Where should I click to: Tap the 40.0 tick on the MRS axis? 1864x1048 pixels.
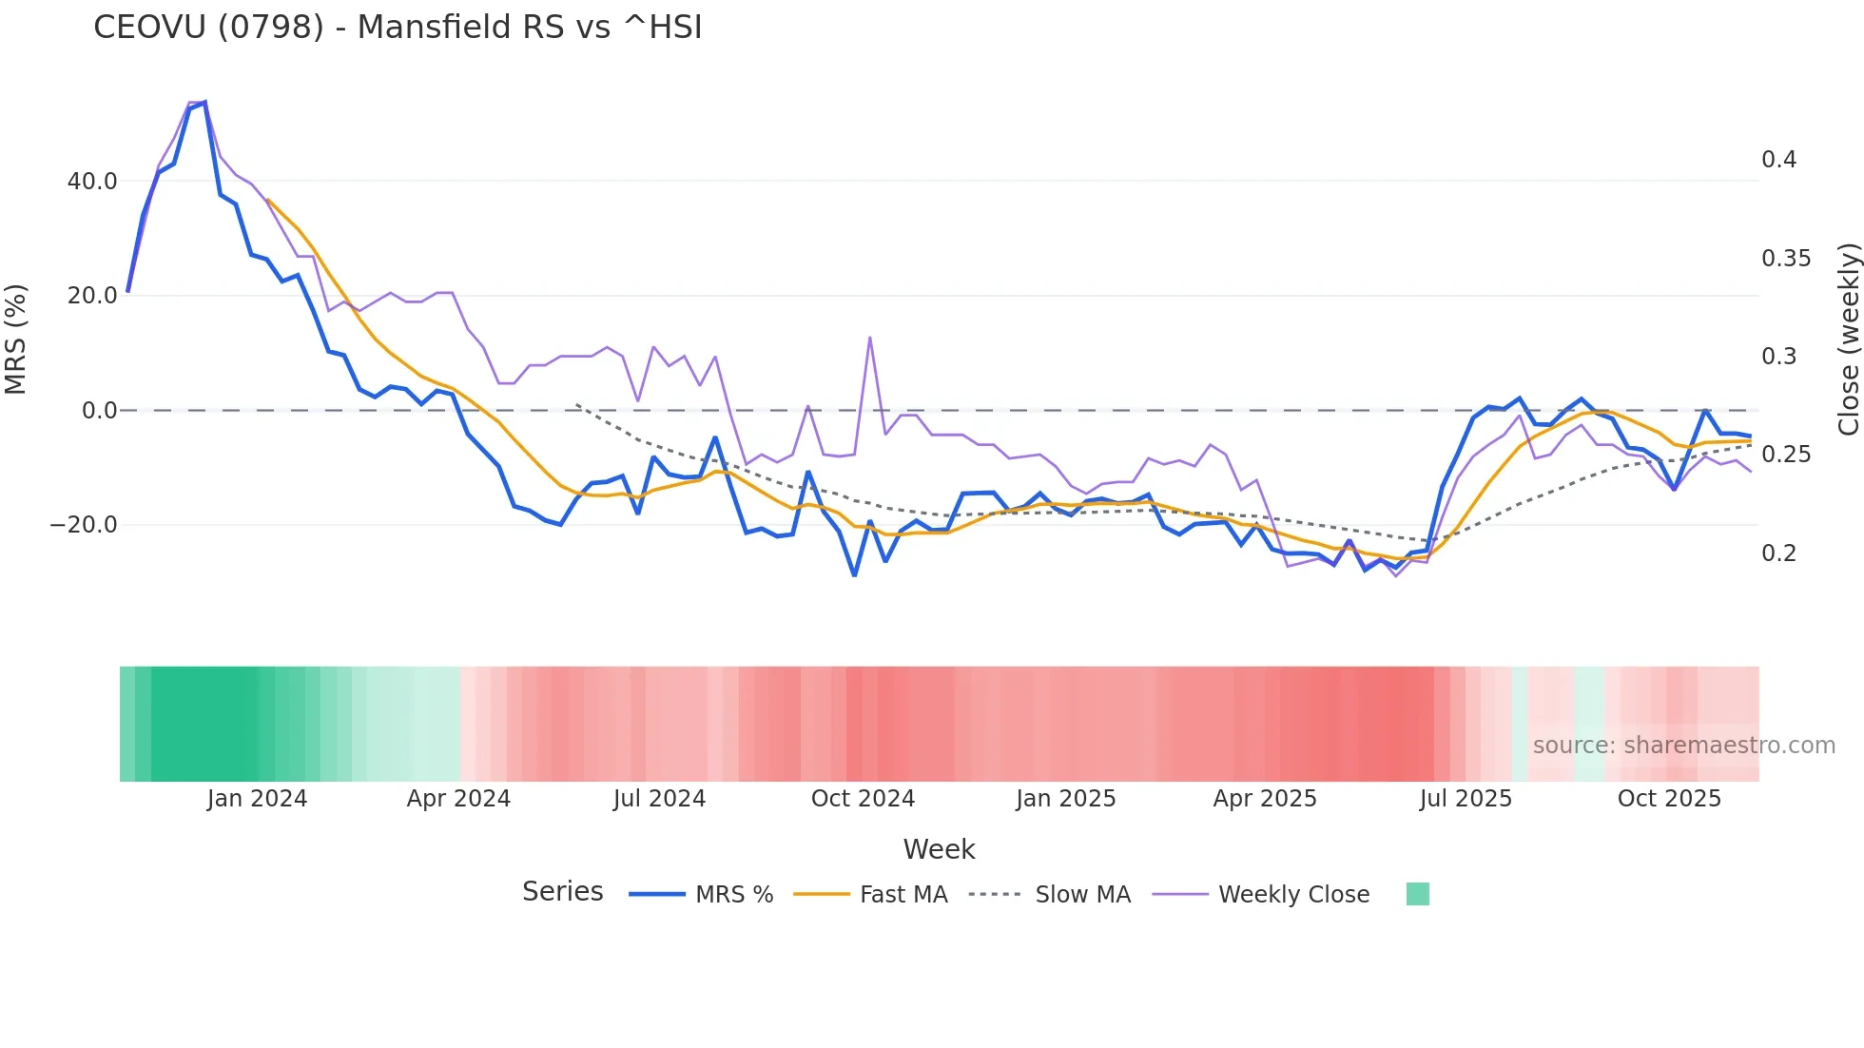[x=92, y=181]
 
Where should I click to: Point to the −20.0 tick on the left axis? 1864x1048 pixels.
[x=84, y=525]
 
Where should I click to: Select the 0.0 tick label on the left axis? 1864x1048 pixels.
[x=99, y=411]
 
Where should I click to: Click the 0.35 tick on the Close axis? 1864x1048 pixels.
[x=1785, y=259]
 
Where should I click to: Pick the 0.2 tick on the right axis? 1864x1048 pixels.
[x=1778, y=553]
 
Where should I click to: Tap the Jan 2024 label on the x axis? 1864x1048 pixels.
[x=257, y=799]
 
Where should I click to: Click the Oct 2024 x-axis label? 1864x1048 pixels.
[x=863, y=799]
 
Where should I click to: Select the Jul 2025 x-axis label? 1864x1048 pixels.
[x=1466, y=799]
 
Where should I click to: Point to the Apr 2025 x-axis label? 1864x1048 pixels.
[x=1265, y=799]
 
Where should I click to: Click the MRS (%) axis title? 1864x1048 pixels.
[x=16, y=340]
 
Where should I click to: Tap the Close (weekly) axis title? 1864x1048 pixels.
[x=1848, y=340]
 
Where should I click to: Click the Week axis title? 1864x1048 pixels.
[x=939, y=849]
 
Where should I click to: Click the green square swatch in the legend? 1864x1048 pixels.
[x=1417, y=894]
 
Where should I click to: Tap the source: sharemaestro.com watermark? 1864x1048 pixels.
[x=1683, y=746]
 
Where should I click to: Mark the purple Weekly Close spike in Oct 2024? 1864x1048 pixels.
[x=869, y=339]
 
